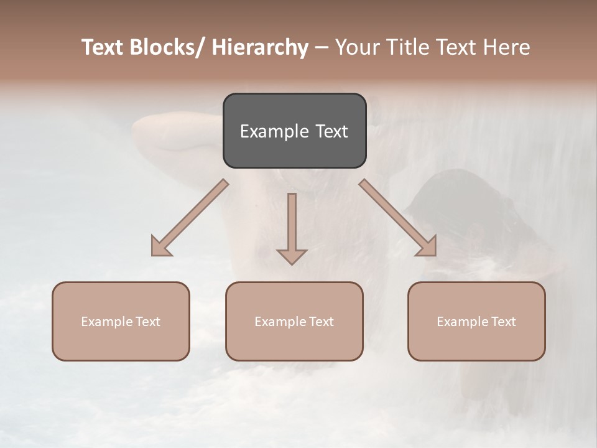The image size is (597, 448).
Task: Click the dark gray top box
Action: [x=294, y=131]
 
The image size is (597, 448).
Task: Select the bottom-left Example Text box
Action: [x=121, y=321]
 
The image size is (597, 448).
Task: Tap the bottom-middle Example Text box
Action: [x=294, y=321]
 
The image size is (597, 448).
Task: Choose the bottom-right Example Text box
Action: [x=476, y=321]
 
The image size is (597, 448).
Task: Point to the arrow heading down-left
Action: [x=190, y=218]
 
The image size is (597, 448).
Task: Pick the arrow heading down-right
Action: [x=398, y=218]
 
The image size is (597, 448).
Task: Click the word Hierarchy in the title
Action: [x=260, y=47]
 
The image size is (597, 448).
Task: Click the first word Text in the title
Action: [x=103, y=47]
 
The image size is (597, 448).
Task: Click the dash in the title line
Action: [x=322, y=48]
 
